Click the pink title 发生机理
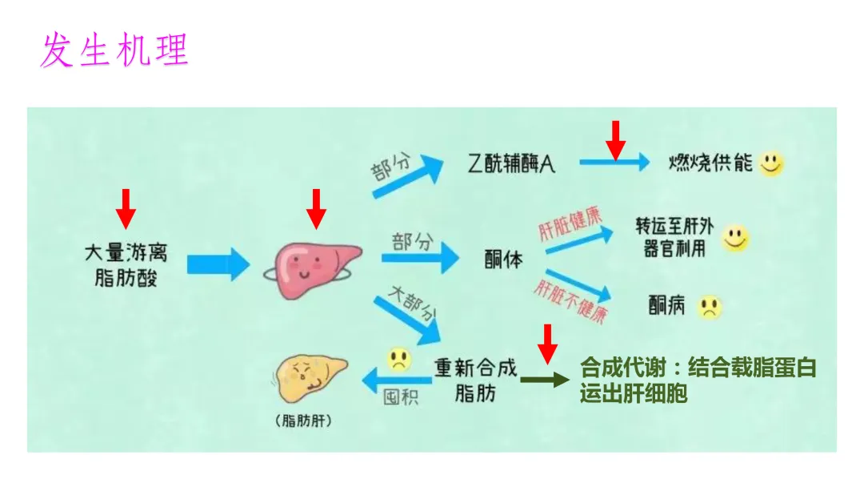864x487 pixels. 114,50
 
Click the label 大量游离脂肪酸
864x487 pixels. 126,265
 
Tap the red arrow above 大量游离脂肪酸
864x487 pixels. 126,209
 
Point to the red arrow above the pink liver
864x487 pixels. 316,209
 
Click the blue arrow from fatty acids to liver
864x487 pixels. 218,265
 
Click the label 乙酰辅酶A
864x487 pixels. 510,164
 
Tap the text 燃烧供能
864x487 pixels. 710,163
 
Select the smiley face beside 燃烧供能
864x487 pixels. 771,163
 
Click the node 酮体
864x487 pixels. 504,260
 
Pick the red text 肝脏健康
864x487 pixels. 570,224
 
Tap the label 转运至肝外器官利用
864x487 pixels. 674,237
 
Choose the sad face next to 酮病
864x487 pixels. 709,308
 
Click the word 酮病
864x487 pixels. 666,305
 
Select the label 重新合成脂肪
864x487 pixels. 475,380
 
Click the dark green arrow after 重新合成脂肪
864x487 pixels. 545,380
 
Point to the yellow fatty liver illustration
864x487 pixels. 310,378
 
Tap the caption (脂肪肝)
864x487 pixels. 304,421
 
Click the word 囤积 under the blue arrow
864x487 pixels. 401,397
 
